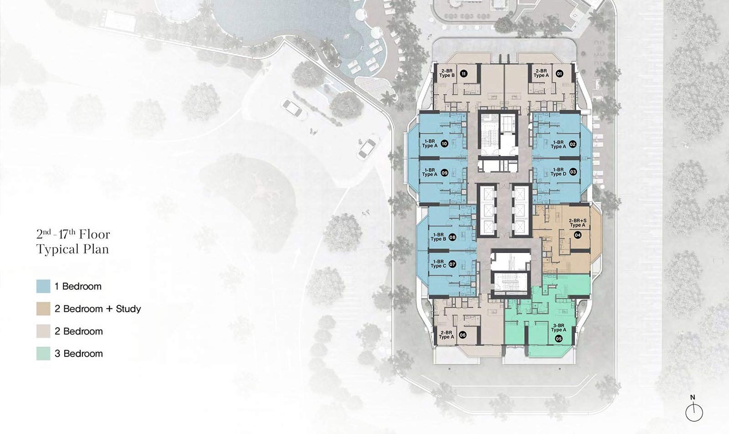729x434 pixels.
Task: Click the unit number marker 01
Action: (x=559, y=73)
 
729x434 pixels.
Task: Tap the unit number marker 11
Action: (x=463, y=73)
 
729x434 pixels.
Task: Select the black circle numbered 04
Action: (x=577, y=235)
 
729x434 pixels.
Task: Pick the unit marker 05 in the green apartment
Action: (x=559, y=339)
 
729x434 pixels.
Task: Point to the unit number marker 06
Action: (x=462, y=335)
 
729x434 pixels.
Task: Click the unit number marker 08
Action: (x=452, y=238)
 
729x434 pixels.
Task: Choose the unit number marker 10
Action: (x=444, y=144)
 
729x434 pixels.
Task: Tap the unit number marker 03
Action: (x=573, y=171)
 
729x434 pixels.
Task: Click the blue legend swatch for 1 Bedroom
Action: (x=43, y=286)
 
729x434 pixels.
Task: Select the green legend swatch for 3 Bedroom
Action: (x=43, y=353)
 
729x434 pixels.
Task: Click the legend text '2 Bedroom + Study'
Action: (x=98, y=309)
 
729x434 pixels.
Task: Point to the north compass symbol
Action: (x=694, y=412)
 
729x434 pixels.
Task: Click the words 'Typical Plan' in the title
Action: (x=72, y=249)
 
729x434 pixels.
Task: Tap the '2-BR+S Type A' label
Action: (x=577, y=223)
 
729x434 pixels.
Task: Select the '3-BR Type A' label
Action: (x=559, y=327)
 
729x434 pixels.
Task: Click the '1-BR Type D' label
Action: (x=558, y=172)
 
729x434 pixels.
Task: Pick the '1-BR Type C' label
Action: (x=438, y=263)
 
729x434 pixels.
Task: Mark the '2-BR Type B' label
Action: (x=447, y=73)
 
